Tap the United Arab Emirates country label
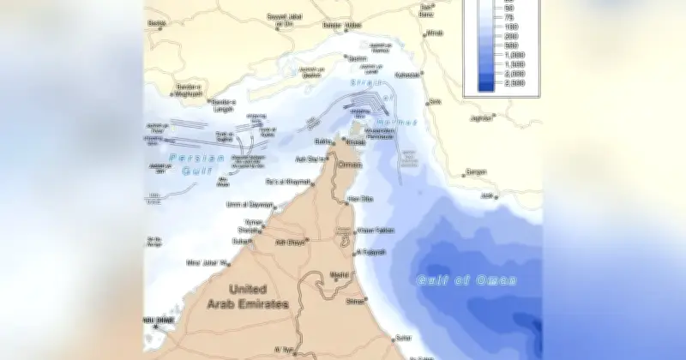249,297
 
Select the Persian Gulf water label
196,163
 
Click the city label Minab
435,33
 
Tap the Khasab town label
355,142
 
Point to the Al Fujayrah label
371,252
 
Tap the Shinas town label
354,301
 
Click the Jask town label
489,195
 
